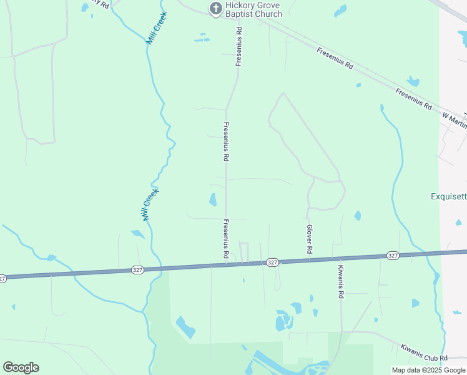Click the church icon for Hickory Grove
[215, 8]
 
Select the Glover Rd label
[309, 239]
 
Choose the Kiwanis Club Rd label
[425, 353]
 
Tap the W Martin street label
[454, 119]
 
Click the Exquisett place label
[448, 196]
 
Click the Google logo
[21, 367]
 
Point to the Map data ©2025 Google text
[428, 370]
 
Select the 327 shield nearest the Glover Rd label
[272, 262]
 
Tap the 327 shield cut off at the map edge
[2, 277]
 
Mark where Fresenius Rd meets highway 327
[226, 265]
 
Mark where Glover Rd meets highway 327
[308, 260]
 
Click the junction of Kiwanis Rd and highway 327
[342, 258]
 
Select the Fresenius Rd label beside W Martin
[413, 99]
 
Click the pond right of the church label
[340, 11]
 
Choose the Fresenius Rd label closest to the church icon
[238, 46]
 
